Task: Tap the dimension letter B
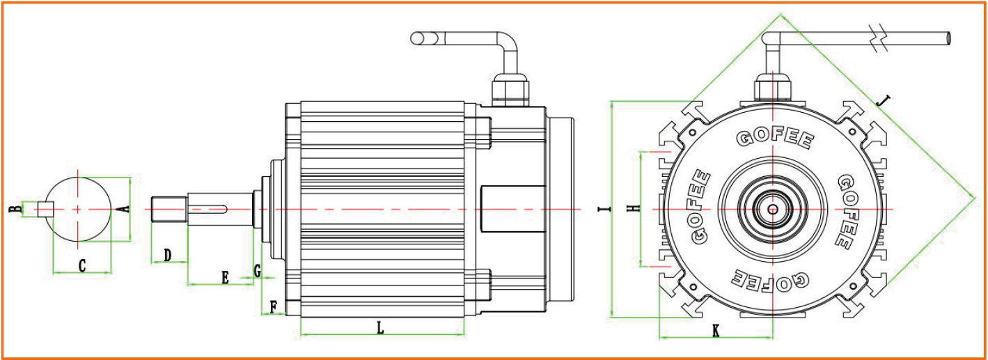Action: (x=12, y=209)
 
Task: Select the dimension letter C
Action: (x=81, y=265)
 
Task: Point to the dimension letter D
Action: (x=168, y=256)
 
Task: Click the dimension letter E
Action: (x=225, y=278)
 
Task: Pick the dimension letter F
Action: (x=273, y=306)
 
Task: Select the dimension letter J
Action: (x=883, y=101)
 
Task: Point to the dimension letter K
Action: (x=716, y=331)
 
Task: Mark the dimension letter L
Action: (x=380, y=328)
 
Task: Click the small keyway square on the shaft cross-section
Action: (x=46, y=209)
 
